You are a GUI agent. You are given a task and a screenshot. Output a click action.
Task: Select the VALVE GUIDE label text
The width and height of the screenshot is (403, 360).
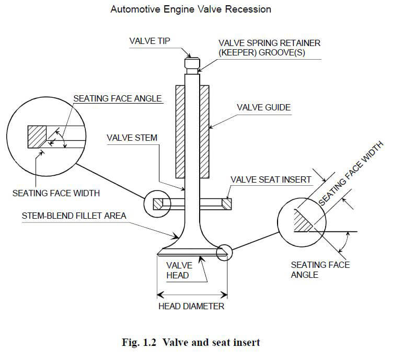tap(263, 108)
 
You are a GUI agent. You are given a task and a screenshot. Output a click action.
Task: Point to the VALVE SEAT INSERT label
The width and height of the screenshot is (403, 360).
tap(271, 179)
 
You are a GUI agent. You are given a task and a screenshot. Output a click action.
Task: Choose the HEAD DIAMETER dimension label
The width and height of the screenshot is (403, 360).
tap(191, 306)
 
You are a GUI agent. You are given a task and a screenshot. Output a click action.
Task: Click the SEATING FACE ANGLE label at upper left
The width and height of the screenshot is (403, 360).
tap(117, 98)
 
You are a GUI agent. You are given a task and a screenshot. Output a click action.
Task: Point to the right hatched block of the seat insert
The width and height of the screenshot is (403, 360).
tap(226, 204)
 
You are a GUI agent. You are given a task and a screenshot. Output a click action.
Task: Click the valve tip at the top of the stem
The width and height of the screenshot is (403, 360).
tap(192, 62)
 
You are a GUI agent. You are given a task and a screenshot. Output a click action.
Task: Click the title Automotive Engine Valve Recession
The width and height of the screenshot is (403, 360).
tap(191, 9)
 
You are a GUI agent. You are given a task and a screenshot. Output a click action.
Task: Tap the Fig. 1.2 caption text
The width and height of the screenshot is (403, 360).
tap(191, 343)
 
